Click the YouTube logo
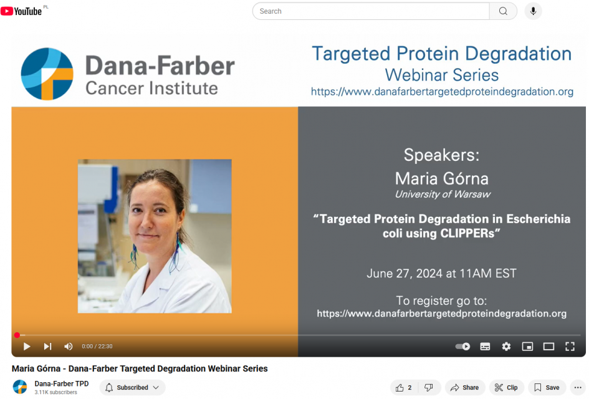pyautogui.click(x=21, y=11)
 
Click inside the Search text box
pyautogui.click(x=371, y=11)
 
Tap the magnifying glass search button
pyautogui.click(x=504, y=11)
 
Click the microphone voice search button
pyautogui.click(x=533, y=11)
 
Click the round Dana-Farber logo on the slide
pyautogui.click(x=47, y=74)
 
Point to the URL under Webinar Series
pyautogui.click(x=442, y=92)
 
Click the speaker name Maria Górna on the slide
pyautogui.click(x=442, y=178)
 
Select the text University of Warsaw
pyautogui.click(x=443, y=195)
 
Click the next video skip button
pyautogui.click(x=48, y=347)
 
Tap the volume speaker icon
pyautogui.click(x=69, y=347)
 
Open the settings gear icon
pyautogui.click(x=506, y=347)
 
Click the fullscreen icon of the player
pyautogui.click(x=570, y=347)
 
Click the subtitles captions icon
pyautogui.click(x=485, y=347)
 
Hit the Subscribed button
pyautogui.click(x=132, y=387)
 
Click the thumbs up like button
pyautogui.click(x=404, y=387)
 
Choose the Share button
pyautogui.click(x=465, y=387)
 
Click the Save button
pyautogui.click(x=547, y=387)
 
